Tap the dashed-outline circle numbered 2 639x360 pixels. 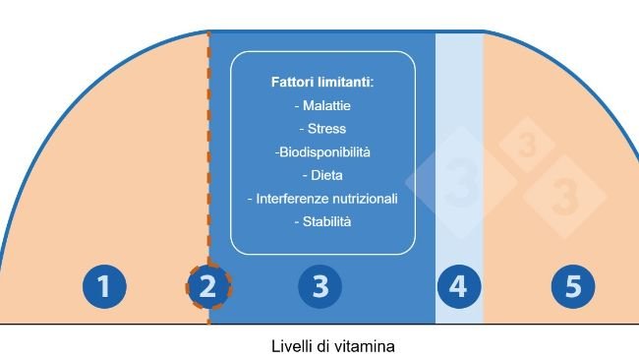pyautogui.click(x=207, y=287)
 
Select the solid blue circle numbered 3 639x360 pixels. pyautogui.click(x=319, y=287)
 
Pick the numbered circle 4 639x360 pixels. pyautogui.click(x=458, y=287)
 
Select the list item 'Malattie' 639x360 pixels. pyautogui.click(x=321, y=105)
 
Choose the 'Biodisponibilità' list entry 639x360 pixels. pyautogui.click(x=321, y=152)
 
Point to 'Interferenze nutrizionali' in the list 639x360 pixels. pyautogui.click(x=321, y=199)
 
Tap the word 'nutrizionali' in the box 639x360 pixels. pyautogui.click(x=362, y=199)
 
